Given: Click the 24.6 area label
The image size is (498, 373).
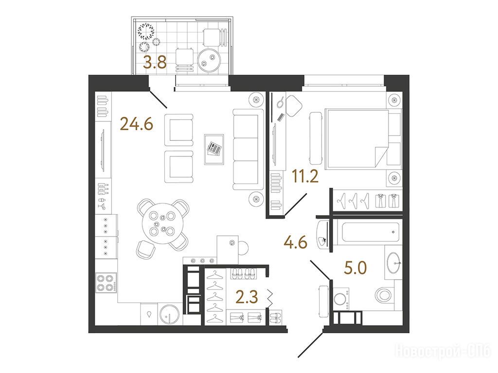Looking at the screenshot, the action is coord(137,124).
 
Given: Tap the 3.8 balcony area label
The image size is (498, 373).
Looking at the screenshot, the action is coord(155,62).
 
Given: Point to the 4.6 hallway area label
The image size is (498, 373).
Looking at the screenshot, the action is coord(295,243).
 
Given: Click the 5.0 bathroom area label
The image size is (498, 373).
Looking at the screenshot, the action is coord(356,268).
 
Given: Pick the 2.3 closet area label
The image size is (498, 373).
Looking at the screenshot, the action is coord(247,298).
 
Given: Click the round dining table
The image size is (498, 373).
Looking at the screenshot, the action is coord(162,223).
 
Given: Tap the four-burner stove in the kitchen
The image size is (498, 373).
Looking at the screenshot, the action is coord(106,283).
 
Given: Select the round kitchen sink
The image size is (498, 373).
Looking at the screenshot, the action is coord(170,315).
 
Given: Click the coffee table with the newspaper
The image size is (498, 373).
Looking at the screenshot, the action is coord(214,149).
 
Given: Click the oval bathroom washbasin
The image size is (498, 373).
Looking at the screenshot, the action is coord(394,263).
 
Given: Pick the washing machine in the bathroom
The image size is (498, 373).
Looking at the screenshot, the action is coord(340,299).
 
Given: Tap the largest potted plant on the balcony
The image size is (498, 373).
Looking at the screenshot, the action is coord(146,31).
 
